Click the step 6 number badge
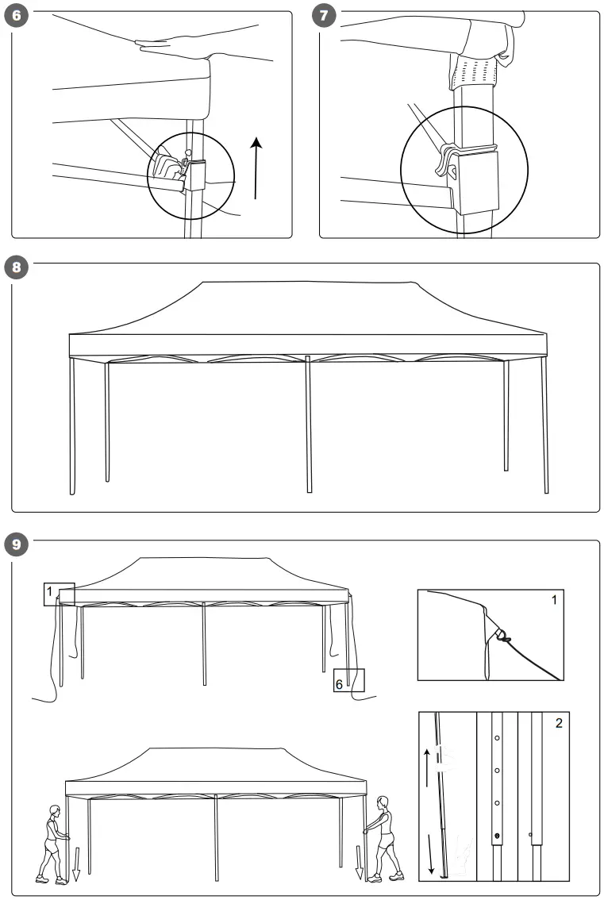[x=17, y=17]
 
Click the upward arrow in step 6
[x=256, y=167]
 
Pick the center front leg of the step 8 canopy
[x=308, y=424]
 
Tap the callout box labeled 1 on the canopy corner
[x=59, y=594]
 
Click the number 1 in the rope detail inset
[x=554, y=600]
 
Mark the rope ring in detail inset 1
[x=503, y=634]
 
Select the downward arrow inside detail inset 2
[x=431, y=854]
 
